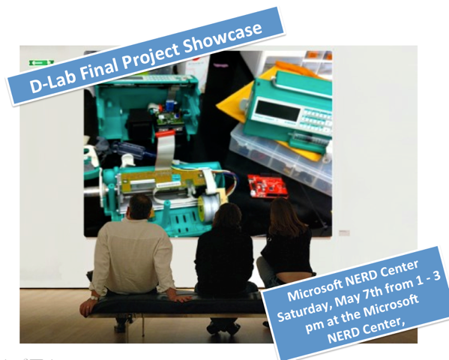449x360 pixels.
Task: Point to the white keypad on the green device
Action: (x=309, y=120)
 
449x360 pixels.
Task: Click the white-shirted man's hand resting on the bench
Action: (x=90, y=304)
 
